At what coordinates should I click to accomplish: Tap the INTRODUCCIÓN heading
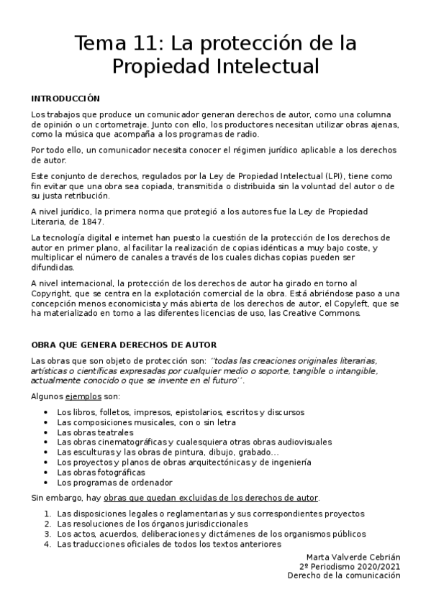[65, 99]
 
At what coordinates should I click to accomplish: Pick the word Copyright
[53, 293]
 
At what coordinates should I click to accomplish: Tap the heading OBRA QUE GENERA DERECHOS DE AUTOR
[124, 345]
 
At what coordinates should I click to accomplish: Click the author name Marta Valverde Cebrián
[353, 557]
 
